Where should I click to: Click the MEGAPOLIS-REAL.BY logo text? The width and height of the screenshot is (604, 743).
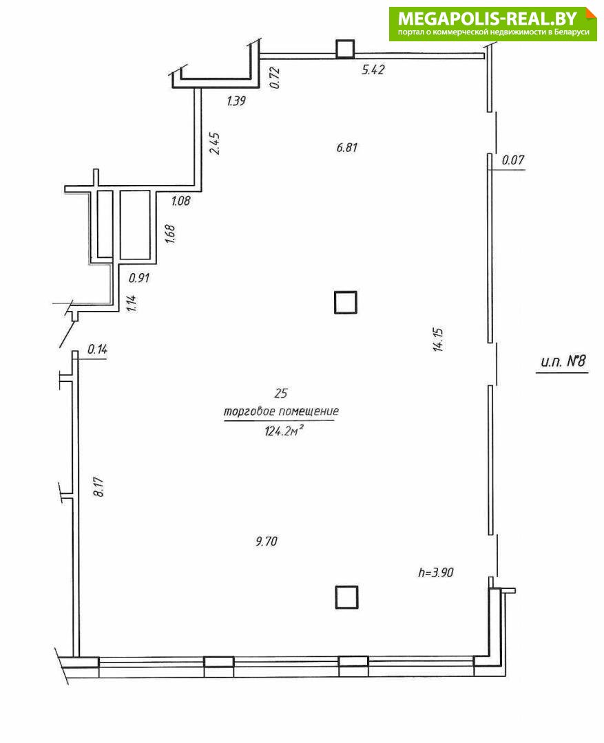coord(488,19)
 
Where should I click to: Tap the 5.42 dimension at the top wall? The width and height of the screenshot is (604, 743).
coord(373,69)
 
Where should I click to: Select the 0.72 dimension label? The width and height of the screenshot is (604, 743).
coord(275,78)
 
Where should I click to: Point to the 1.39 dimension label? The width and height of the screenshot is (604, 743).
coord(236,101)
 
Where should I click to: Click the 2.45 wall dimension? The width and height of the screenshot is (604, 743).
coord(215,144)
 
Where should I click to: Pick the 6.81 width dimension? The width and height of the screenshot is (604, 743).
coord(347,148)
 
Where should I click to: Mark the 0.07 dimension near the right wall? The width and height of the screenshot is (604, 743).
coord(513,160)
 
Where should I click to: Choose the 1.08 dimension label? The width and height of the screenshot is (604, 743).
coord(180,201)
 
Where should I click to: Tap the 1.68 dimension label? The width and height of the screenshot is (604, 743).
coord(170,234)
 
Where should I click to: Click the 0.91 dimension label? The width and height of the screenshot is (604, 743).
coord(139,278)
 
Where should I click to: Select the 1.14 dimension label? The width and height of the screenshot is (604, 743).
coord(132,303)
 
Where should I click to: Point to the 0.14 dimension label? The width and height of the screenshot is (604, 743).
coord(97,349)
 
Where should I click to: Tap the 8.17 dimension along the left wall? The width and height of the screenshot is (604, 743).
coord(98,486)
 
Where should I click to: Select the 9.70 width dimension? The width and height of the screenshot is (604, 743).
coord(266,541)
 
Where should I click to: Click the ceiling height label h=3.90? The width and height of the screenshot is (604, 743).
coord(435,572)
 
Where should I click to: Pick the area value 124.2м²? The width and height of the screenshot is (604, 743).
coord(284,431)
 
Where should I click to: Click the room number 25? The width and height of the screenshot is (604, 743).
coord(281,394)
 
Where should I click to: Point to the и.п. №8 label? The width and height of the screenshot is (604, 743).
coord(563,362)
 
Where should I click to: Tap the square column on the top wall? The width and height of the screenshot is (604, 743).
coord(345,50)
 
